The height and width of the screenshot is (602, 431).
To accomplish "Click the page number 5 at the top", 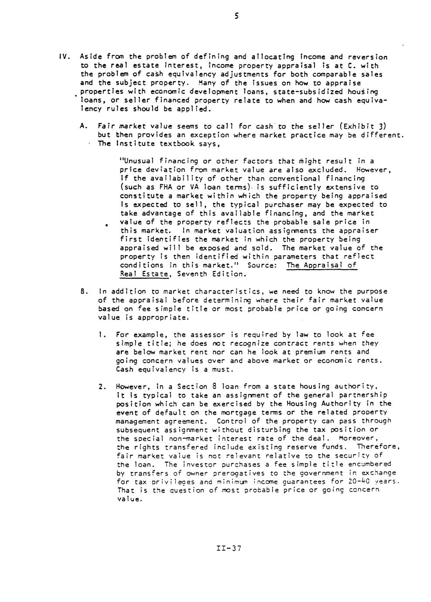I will (x=236, y=17).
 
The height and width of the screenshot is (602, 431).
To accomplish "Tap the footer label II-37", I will (x=228, y=548).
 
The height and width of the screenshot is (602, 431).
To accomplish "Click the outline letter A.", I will (x=83, y=127).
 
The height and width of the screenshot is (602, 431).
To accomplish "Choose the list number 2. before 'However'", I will (x=102, y=387).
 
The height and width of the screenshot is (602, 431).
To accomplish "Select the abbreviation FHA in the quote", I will (x=153, y=187).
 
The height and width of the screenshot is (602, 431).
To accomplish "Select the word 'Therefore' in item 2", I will (x=376, y=447).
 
